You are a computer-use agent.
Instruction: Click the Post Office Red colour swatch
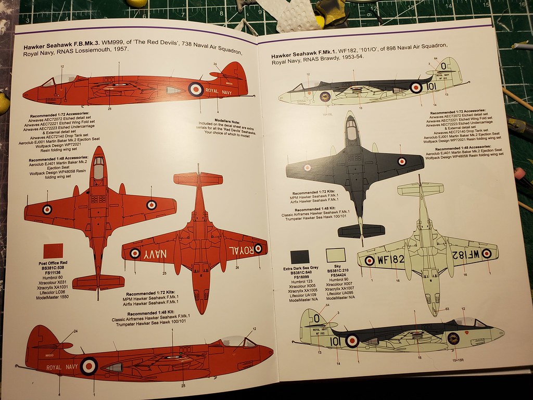pyautogui.click(x=53, y=251)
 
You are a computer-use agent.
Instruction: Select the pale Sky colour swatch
pyautogui.click(x=336, y=255)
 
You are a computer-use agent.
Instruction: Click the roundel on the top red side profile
pyautogui.click(x=196, y=89)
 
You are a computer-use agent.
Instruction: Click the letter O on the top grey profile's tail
pyautogui.click(x=443, y=66)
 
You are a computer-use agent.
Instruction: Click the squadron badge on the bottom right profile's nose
pyautogui.click(x=453, y=338)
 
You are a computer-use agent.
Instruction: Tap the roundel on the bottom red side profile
pyautogui.click(x=88, y=366)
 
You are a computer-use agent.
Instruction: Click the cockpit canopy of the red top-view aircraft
pyautogui.click(x=98, y=168)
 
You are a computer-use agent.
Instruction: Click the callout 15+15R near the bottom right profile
pyautogui.click(x=459, y=360)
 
